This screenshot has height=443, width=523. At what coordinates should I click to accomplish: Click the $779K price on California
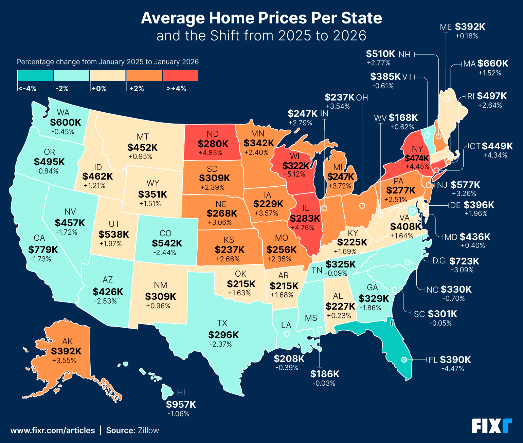(43, 250)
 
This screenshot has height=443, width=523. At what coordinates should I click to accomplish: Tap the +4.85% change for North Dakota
(211, 153)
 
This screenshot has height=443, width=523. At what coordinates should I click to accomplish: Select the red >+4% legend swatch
(181, 75)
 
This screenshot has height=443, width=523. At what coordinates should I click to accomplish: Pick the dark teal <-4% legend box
(35, 75)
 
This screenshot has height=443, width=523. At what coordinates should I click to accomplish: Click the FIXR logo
(491, 426)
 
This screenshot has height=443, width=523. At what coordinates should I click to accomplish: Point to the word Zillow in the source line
(148, 430)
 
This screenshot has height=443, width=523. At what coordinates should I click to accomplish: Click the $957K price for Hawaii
(181, 404)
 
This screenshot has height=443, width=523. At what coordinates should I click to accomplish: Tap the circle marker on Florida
(404, 359)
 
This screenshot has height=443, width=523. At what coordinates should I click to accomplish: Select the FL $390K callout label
(450, 359)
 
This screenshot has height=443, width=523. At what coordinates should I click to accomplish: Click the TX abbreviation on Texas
(222, 323)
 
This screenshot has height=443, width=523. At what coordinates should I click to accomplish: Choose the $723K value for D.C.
(464, 261)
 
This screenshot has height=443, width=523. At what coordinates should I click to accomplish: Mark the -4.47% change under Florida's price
(452, 369)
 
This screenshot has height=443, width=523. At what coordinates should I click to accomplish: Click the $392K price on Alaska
(66, 351)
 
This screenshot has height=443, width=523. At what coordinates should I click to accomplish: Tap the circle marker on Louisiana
(287, 334)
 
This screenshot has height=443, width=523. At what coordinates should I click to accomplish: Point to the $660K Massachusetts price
(493, 63)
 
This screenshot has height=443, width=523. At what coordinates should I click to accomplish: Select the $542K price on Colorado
(167, 243)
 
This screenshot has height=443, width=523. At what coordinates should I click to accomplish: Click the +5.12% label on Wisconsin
(294, 174)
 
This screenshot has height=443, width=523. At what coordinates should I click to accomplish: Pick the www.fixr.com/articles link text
(53, 430)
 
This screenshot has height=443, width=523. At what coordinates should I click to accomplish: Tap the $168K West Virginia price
(403, 118)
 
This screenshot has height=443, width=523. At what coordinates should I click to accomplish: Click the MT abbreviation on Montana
(143, 136)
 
